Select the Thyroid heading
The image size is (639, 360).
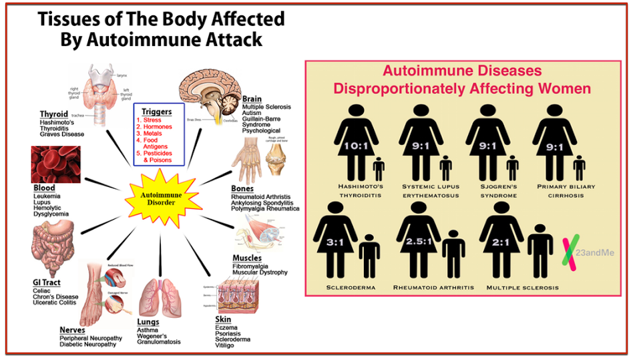pos(53,114)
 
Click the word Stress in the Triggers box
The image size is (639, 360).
pos(153,120)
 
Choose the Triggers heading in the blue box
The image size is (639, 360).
pos(159,111)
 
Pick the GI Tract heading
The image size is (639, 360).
pos(47,283)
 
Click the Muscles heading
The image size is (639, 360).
pos(247,258)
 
